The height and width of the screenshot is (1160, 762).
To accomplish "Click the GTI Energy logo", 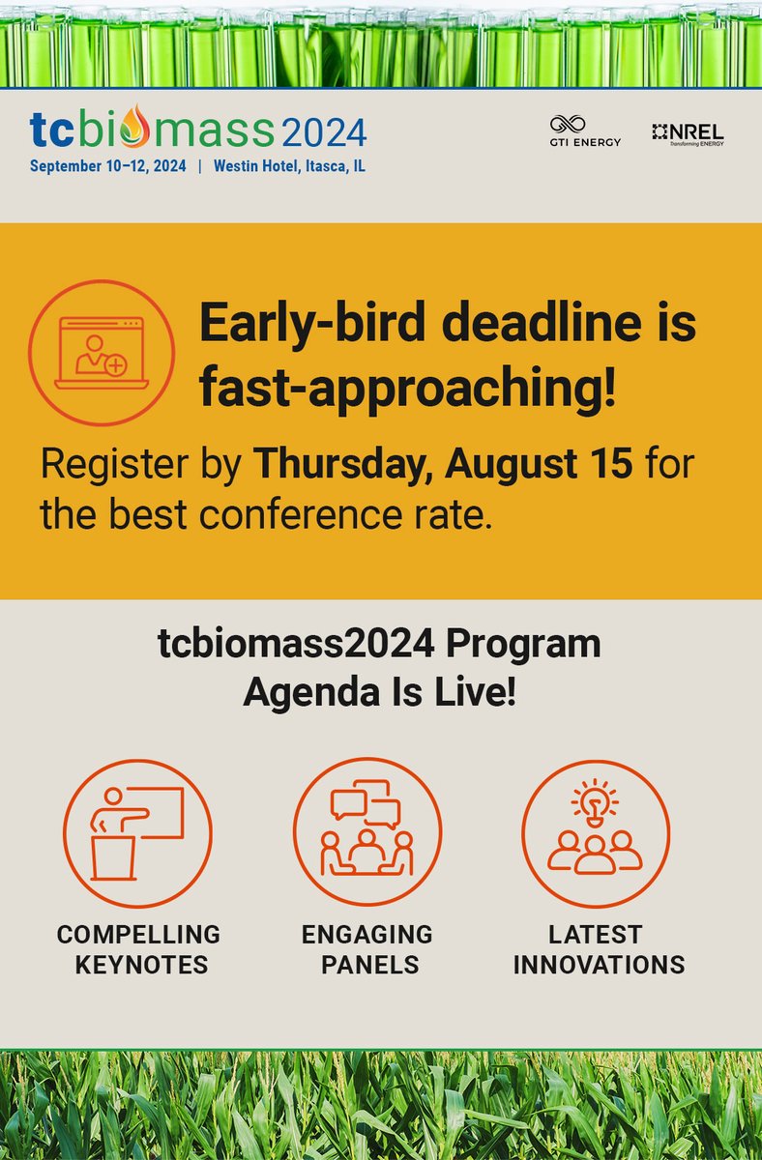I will click(585, 131).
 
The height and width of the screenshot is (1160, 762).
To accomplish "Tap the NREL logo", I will click(688, 133).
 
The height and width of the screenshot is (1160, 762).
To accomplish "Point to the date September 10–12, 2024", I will click(107, 166).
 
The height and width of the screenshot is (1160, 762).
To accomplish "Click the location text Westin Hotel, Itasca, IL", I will click(289, 166).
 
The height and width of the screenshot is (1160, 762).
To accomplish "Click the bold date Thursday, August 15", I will click(443, 465).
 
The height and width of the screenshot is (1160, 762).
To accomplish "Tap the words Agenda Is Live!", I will click(379, 692).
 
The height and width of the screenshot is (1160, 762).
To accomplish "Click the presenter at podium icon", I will click(137, 833).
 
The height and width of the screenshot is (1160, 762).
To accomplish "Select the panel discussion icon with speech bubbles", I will click(367, 833).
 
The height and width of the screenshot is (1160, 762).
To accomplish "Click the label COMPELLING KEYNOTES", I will click(138, 949).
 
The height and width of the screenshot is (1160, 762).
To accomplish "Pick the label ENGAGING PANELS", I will click(367, 949).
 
